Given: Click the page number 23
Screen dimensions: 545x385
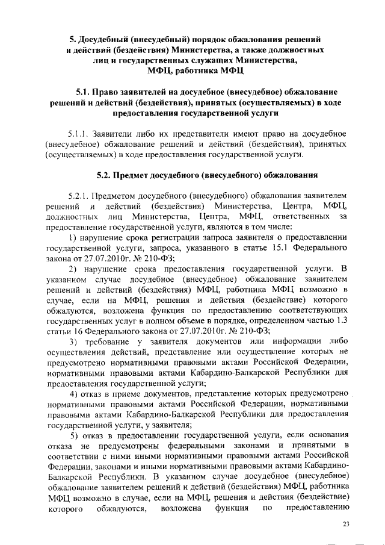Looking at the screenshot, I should click(x=346, y=525).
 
